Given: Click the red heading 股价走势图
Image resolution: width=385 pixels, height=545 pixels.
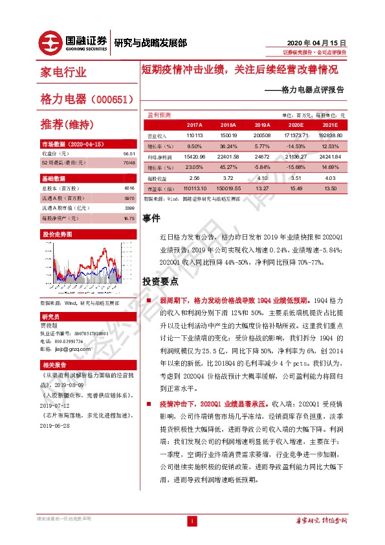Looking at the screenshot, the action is (x=56, y=234).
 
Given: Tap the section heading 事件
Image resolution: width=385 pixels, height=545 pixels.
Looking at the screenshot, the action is (x=151, y=220).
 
